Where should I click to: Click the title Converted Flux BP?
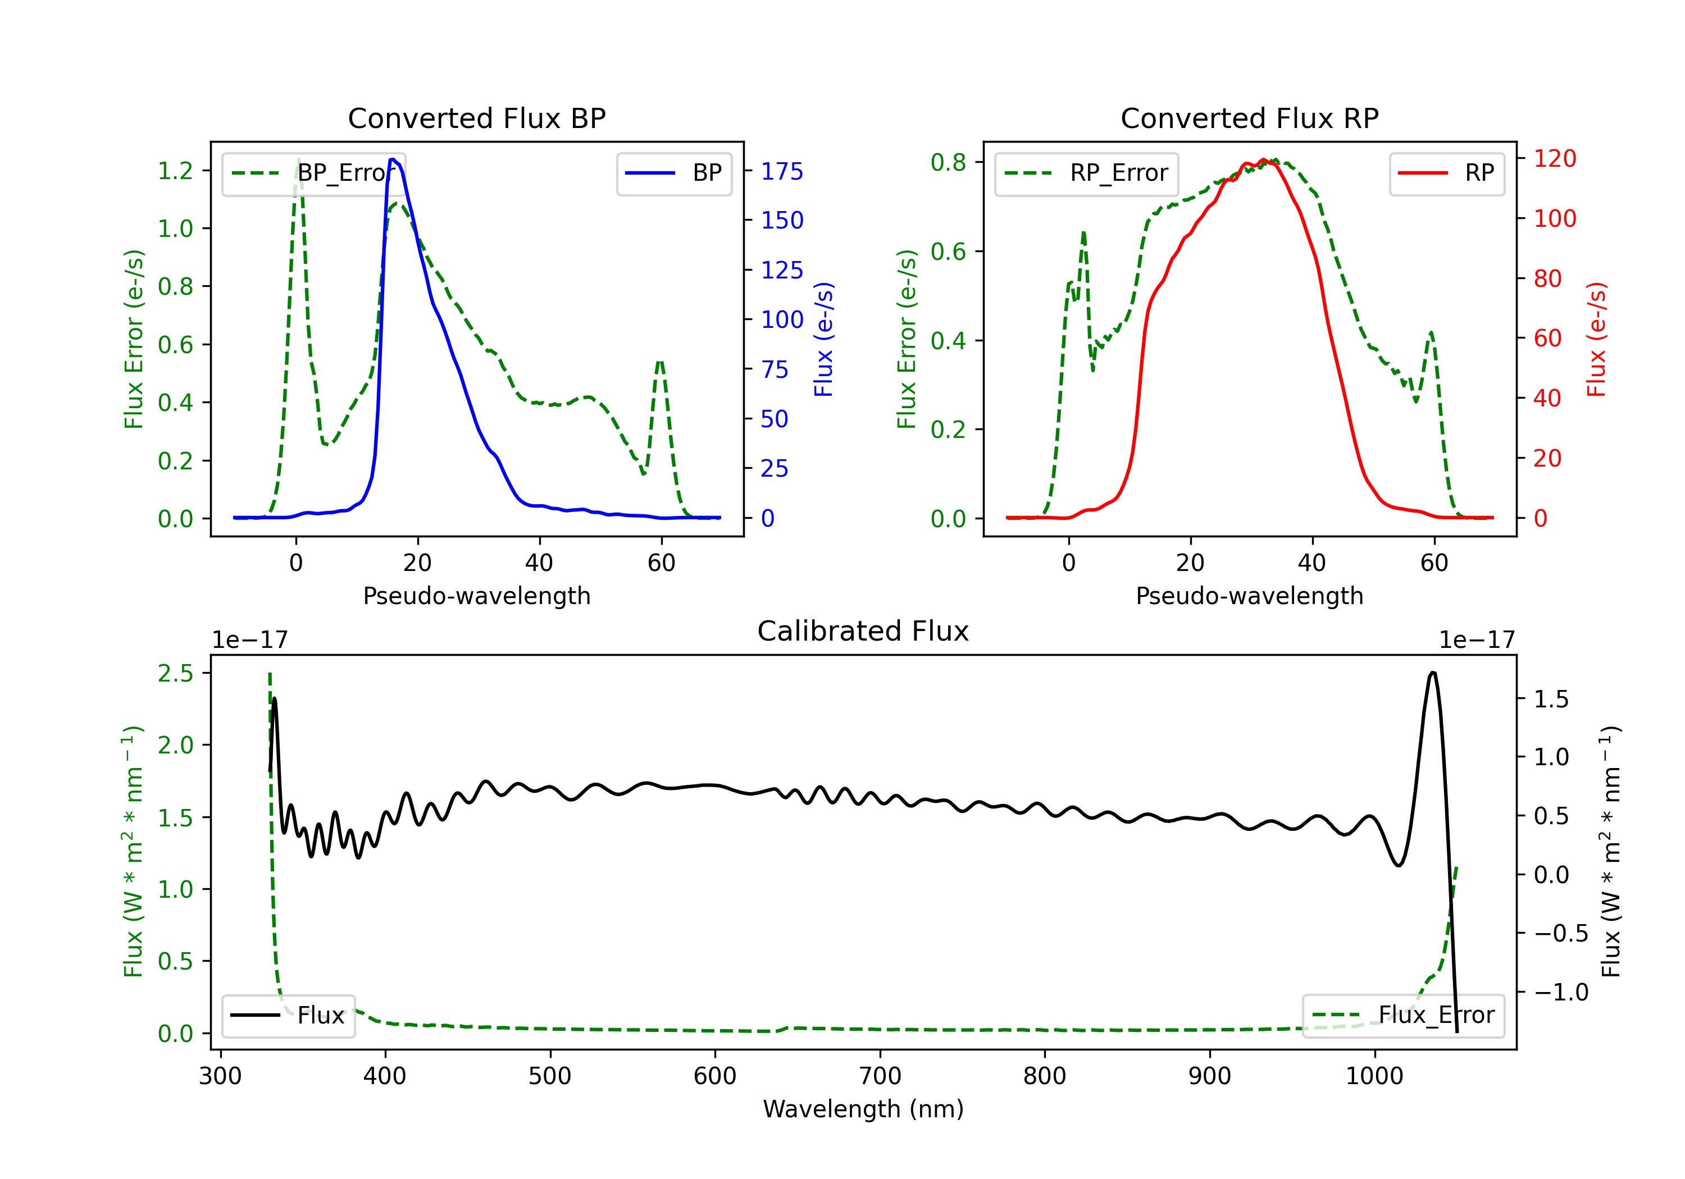[476, 118]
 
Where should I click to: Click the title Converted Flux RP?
[1249, 118]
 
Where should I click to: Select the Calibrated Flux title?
[863, 631]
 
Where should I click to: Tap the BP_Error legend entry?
[313, 173]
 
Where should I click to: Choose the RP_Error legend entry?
[1086, 173]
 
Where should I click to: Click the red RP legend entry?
[1446, 173]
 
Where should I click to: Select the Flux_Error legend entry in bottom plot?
[1403, 1016]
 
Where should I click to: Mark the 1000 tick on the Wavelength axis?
[1374, 1076]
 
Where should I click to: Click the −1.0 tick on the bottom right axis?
[1561, 993]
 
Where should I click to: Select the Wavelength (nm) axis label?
[863, 1109]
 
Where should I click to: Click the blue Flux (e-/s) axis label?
[823, 339]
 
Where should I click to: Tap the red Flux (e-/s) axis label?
[1596, 339]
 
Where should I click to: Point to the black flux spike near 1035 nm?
[1433, 672]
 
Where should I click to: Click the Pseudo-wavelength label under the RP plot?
[1249, 596]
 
